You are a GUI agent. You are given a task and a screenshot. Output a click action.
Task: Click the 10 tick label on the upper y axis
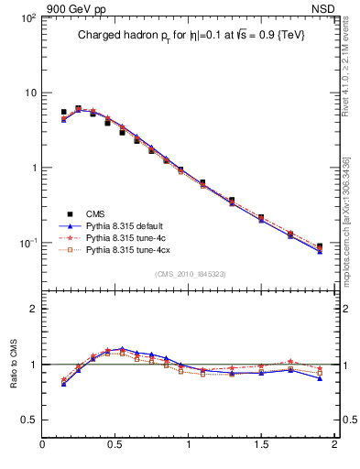coord(29,93)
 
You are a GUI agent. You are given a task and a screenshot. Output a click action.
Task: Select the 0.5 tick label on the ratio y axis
coord(29,420)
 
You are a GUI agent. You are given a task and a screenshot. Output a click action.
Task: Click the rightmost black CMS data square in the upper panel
coord(320,247)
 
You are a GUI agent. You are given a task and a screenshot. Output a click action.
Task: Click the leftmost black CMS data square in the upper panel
coord(63,112)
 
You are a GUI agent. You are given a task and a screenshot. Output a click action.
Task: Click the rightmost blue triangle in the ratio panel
coord(320,377)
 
